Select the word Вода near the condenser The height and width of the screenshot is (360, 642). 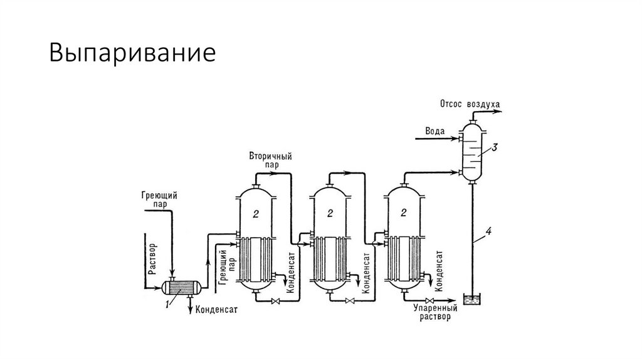coord(434,131)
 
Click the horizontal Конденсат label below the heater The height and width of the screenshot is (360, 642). coord(216,309)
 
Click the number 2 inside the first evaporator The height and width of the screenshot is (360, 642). coord(255,214)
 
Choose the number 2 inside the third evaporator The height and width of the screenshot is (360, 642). coord(404,214)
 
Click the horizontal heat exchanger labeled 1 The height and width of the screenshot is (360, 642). coord(181,287)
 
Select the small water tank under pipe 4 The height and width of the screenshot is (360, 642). coord(471,299)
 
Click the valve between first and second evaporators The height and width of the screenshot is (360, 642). coord(274,302)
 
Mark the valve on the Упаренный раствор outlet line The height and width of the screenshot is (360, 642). coord(429,302)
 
